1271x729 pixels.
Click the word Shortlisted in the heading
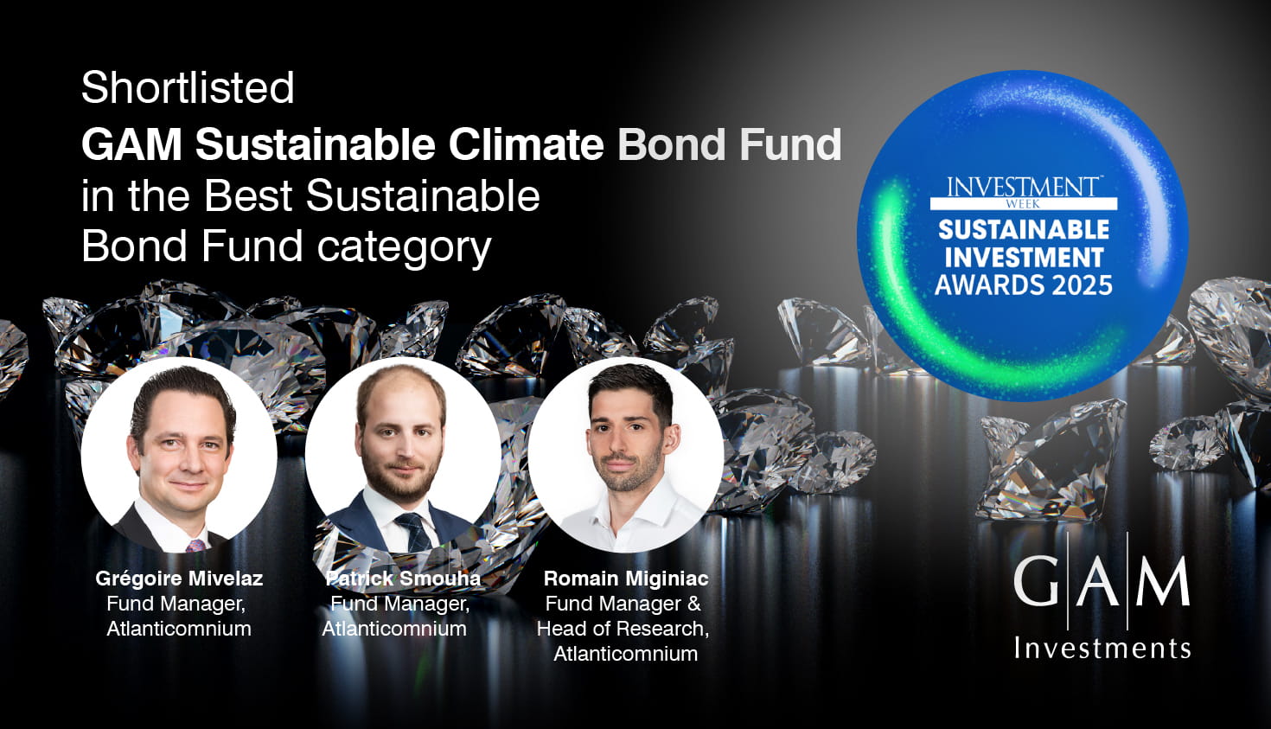pyautogui.click(x=188, y=88)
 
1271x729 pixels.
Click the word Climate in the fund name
pyautogui.click(x=526, y=144)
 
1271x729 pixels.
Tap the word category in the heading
pyautogui.click(x=404, y=248)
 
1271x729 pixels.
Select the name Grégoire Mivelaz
pyautogui.click(x=179, y=578)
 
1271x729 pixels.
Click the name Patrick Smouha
pyautogui.click(x=404, y=578)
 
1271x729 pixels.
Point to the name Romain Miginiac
pyautogui.click(x=626, y=578)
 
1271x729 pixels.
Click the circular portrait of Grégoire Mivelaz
pyautogui.click(x=179, y=455)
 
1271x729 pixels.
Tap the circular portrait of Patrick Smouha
pyautogui.click(x=403, y=455)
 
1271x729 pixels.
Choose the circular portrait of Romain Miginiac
pyautogui.click(x=626, y=455)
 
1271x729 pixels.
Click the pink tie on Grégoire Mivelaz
pyautogui.click(x=195, y=546)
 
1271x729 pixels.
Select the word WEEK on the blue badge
pyautogui.click(x=1023, y=204)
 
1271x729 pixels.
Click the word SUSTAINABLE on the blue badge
pyautogui.click(x=1024, y=230)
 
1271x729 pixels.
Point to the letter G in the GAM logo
pyautogui.click(x=1037, y=581)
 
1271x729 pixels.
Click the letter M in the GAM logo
pyautogui.click(x=1163, y=581)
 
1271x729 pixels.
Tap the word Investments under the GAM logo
pyautogui.click(x=1102, y=648)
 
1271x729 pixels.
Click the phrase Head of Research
pyautogui.click(x=622, y=629)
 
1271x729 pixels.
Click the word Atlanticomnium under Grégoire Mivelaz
pyautogui.click(x=179, y=629)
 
